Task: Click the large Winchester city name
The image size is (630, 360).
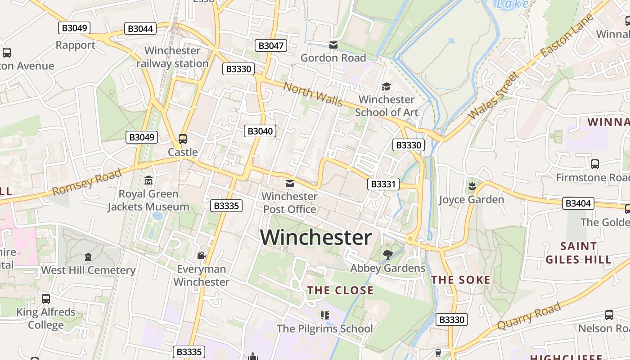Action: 316,238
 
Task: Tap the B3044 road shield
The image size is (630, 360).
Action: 140,29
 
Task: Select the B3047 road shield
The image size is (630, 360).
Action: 271,45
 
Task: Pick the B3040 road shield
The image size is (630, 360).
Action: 260,131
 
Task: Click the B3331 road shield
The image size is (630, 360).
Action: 383,184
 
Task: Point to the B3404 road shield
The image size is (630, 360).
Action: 578,203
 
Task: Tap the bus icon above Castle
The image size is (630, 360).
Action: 183,139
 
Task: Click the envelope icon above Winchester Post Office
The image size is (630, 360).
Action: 290,184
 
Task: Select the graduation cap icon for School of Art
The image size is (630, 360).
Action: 386,86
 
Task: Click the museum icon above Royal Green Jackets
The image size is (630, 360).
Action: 148,180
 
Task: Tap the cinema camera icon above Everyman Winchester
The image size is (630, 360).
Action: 201,256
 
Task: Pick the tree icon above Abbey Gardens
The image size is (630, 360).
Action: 387,255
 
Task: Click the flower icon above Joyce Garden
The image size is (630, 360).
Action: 472,185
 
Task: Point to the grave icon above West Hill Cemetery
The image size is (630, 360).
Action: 88,257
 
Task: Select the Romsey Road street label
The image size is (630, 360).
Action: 86,182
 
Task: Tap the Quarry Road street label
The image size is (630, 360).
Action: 529,316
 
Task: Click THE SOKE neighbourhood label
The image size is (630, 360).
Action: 461,280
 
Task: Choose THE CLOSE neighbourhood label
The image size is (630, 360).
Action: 340,290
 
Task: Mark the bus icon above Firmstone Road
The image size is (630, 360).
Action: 595,164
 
